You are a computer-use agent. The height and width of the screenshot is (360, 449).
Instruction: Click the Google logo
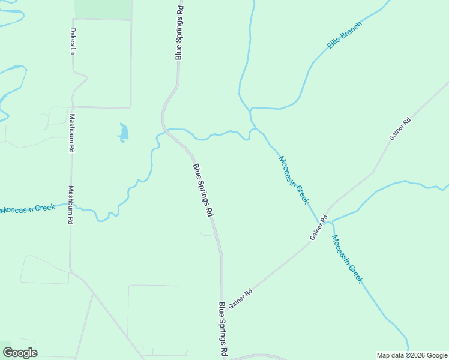tap(20, 353)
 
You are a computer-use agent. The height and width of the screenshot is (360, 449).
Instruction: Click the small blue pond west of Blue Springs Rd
tap(123, 133)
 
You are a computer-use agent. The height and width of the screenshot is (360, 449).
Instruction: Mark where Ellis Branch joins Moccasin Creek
tap(251, 109)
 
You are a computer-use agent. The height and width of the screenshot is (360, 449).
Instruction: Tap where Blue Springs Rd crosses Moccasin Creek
tap(167, 130)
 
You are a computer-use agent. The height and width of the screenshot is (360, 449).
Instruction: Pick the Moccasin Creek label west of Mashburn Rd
tap(28, 209)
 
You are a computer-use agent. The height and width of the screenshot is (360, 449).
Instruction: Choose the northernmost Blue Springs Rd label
tap(178, 33)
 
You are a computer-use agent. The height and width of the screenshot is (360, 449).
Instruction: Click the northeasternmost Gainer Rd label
tap(399, 129)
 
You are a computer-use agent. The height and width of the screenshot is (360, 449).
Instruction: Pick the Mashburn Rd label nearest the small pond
tap(71, 133)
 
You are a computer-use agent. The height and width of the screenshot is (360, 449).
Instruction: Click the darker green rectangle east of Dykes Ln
tap(103, 10)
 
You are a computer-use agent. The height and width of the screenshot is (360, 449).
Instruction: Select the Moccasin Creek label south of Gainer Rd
tap(348, 259)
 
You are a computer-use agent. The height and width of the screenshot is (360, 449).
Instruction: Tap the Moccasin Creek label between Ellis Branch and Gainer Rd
tap(294, 179)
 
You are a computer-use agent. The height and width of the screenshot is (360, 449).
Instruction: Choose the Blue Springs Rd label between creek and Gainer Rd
tap(203, 190)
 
